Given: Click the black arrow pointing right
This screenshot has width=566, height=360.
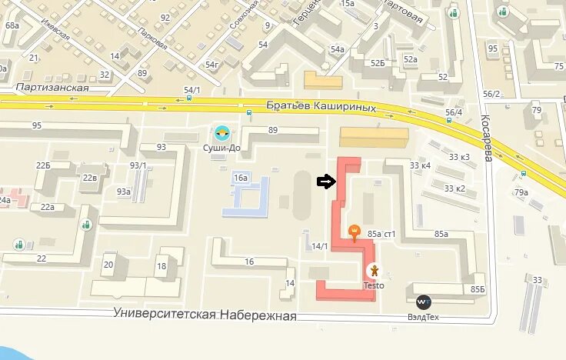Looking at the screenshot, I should pos(326,182).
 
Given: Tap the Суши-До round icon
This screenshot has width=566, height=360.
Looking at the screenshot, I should pos(221,132).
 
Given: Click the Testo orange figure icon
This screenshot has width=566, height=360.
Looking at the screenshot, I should pos(374,271).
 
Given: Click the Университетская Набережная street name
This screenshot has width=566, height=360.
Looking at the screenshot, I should pos(205,315).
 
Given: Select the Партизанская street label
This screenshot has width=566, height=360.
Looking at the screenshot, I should pos(52,88).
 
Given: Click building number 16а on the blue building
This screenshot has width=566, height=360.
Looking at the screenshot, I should pos(241,178).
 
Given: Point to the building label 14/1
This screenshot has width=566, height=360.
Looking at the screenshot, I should pos(320,246).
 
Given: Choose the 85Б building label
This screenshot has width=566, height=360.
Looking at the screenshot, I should pos(478,289).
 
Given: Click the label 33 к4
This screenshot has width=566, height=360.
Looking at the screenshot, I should pos(421,165).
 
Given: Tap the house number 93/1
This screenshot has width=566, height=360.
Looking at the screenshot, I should pos(138,165).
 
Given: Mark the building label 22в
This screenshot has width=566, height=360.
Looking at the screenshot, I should pos(90,178).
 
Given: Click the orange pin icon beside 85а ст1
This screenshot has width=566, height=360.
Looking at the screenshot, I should pos(354,231).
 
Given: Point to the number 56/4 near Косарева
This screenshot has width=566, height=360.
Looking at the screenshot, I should pos(454,112).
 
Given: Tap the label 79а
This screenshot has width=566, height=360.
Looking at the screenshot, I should pos(521,192).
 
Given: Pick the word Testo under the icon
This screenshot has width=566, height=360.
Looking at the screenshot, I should pos(374,285).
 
